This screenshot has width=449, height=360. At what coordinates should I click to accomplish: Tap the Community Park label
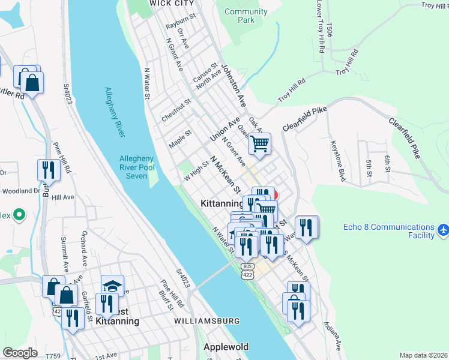coord(246,16)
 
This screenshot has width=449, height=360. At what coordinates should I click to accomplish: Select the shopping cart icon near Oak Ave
coord(259,143)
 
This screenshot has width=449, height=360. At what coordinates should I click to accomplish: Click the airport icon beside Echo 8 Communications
coord(443,230)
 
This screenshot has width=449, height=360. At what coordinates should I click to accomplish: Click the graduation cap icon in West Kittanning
coord(112,286)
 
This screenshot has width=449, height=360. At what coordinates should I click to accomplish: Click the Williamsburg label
coord(206,322)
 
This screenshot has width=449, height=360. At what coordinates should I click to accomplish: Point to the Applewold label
coord(226,347)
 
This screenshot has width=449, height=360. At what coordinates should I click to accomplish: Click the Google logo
coord(20,352)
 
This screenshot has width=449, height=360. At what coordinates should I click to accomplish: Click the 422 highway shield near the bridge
coord(248,274)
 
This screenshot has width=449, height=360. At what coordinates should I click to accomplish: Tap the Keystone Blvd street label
coord(339,161)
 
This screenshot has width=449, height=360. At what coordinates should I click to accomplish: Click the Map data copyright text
coord(423,355)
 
